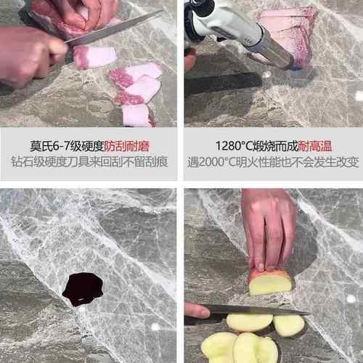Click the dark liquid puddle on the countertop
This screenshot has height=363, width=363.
click(x=82, y=289)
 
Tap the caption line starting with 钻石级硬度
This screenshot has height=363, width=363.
click(x=89, y=162)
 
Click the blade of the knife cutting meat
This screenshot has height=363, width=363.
click(x=116, y=29)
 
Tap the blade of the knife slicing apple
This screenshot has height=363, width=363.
click(x=254, y=310)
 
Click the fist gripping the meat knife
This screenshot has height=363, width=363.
click(x=29, y=54)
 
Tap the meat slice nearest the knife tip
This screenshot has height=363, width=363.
click(x=94, y=56)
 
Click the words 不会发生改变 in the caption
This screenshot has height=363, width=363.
click(x=325, y=162)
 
